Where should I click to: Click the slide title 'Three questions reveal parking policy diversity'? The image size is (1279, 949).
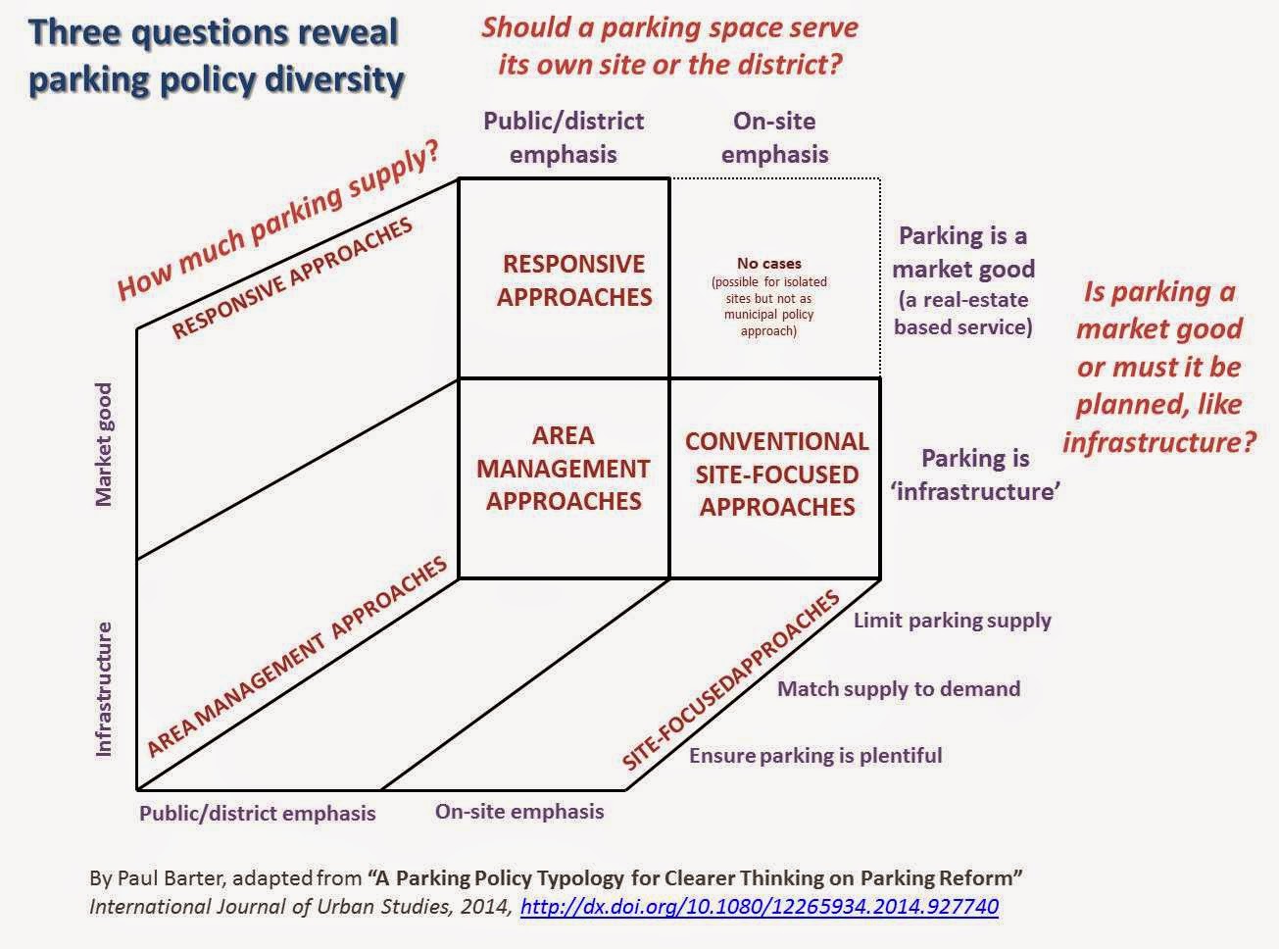point(216,56)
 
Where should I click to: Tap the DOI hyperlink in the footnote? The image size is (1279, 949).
point(759,906)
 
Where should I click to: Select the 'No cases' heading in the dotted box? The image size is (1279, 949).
point(768,264)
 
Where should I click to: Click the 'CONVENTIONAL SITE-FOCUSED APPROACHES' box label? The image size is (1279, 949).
point(776,474)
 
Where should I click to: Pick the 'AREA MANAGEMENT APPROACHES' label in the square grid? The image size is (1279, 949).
point(564,469)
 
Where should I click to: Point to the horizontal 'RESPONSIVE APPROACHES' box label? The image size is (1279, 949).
point(574,280)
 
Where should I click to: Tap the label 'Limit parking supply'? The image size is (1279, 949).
point(952,621)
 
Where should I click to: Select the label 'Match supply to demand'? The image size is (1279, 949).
point(898,688)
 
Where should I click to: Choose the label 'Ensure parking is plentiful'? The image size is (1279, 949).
point(815,756)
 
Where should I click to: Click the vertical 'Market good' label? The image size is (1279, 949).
point(104,444)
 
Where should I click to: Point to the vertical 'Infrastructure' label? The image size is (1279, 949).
point(104,689)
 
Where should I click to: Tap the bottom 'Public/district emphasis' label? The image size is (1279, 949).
point(257,813)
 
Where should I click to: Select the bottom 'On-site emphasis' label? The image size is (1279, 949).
point(519,812)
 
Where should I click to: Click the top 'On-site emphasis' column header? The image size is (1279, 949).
point(774,137)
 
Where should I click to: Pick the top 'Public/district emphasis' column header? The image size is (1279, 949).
point(564,137)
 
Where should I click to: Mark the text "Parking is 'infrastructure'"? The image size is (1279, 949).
point(975,474)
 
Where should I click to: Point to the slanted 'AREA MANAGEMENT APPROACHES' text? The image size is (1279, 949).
point(297,657)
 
